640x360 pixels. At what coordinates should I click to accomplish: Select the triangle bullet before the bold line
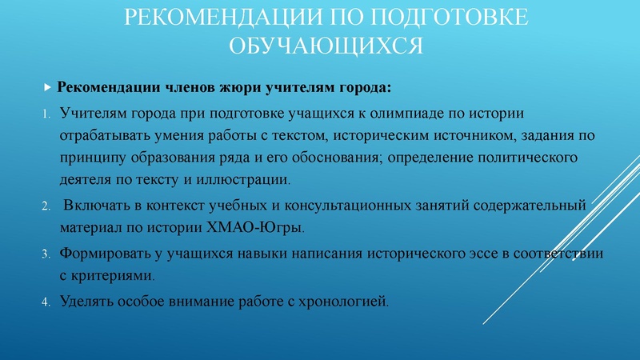point(47,86)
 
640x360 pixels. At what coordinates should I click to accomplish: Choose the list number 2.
point(46,206)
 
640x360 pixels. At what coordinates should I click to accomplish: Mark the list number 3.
point(46,253)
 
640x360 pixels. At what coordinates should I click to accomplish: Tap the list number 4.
point(46,302)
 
